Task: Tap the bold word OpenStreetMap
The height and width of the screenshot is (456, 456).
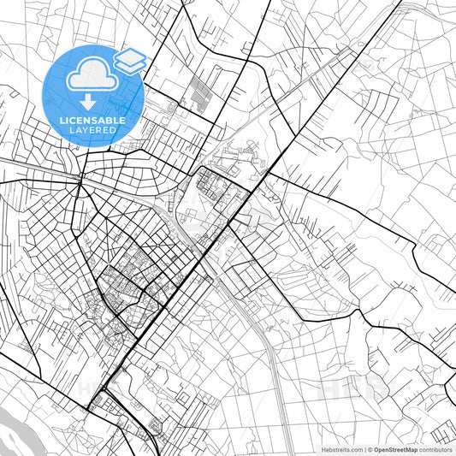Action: [395, 448]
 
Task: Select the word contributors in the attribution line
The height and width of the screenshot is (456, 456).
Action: [435, 448]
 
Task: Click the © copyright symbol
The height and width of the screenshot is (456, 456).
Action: [370, 448]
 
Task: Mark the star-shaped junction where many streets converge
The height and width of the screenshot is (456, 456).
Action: [80, 180]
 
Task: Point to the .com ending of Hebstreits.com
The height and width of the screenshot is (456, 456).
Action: [353, 448]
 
